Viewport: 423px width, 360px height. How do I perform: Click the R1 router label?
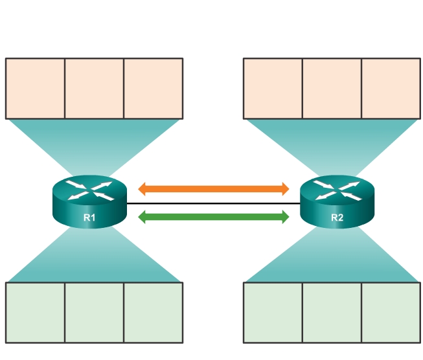89,218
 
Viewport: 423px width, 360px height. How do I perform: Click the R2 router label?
337,218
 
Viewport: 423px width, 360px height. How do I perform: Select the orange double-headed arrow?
214,189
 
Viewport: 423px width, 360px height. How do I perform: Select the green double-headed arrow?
214,218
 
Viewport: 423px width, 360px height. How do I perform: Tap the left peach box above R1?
36,89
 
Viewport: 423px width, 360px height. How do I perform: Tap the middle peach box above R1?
95,89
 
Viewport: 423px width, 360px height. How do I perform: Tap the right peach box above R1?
153,89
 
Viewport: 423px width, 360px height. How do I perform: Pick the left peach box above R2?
273,89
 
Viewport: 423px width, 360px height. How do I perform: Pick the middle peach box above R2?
332,89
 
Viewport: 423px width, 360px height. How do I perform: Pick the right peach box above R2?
391,89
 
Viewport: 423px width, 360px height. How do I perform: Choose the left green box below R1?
36,312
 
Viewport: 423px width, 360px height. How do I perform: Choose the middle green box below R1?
95,312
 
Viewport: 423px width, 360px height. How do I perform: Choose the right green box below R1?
153,312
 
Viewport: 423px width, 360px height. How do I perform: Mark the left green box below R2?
273,312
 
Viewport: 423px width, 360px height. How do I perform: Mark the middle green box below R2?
332,312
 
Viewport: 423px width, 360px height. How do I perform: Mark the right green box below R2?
391,312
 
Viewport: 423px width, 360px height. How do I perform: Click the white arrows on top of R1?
89,190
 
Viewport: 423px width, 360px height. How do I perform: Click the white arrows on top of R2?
337,189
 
